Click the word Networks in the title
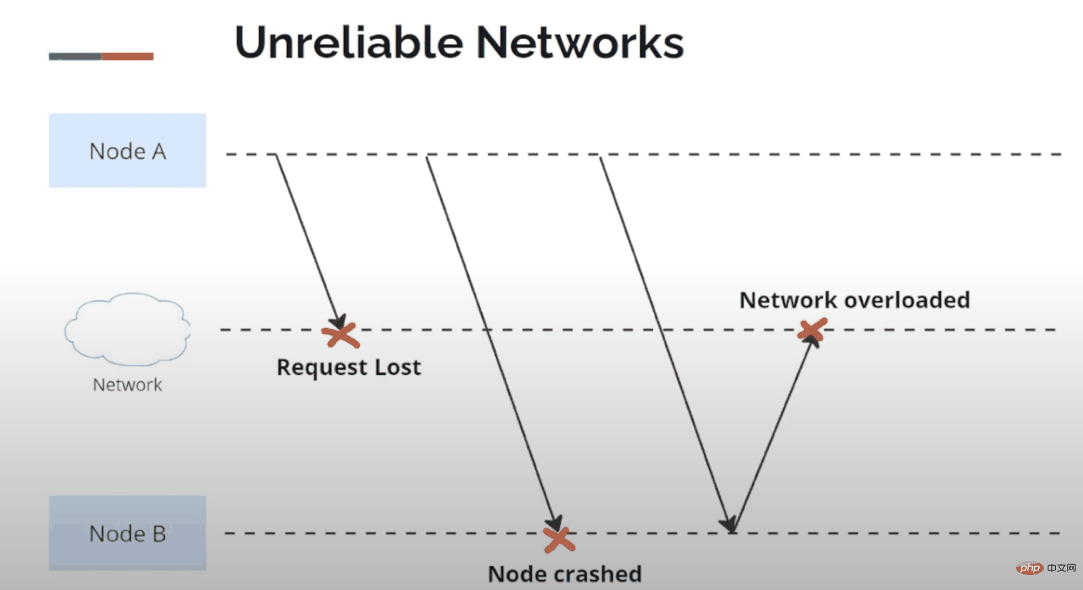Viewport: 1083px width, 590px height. click(x=580, y=43)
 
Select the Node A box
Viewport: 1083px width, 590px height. click(x=127, y=150)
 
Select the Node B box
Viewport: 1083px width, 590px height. click(x=127, y=533)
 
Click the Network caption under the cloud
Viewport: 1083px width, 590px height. click(x=127, y=385)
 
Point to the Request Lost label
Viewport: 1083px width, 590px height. click(x=349, y=367)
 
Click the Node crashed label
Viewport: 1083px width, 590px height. click(x=565, y=574)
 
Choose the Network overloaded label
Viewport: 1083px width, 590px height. click(x=854, y=300)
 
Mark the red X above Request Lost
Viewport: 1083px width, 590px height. click(x=340, y=334)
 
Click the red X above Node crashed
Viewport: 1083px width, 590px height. click(x=559, y=540)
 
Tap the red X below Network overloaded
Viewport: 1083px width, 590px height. click(x=812, y=330)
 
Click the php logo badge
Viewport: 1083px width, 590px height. click(x=1030, y=568)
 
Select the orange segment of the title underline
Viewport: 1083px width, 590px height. click(x=127, y=56)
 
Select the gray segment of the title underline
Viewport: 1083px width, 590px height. click(x=74, y=56)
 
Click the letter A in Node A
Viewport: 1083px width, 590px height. click(x=159, y=152)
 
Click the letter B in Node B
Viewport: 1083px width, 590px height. click(x=159, y=534)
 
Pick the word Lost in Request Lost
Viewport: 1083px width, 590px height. click(x=398, y=367)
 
